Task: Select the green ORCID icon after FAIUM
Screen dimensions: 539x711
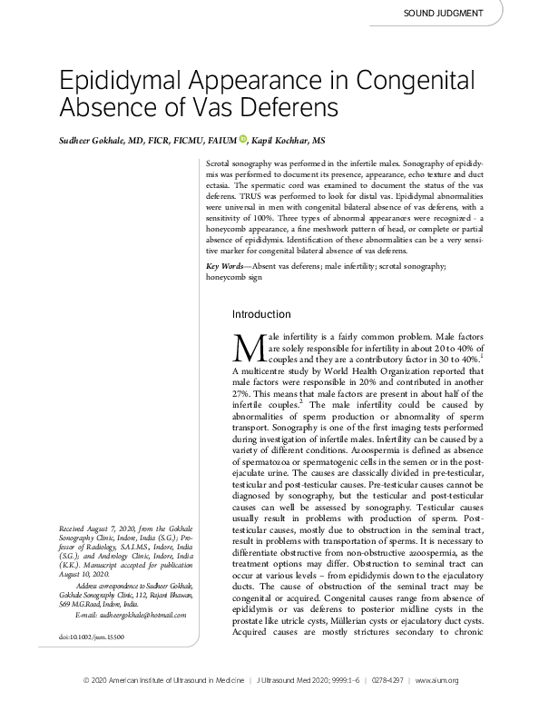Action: [x=243, y=139]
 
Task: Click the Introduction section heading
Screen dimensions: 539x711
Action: [x=261, y=314]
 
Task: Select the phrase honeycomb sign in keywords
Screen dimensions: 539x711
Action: [x=235, y=277]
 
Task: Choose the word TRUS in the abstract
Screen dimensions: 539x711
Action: [x=243, y=195]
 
